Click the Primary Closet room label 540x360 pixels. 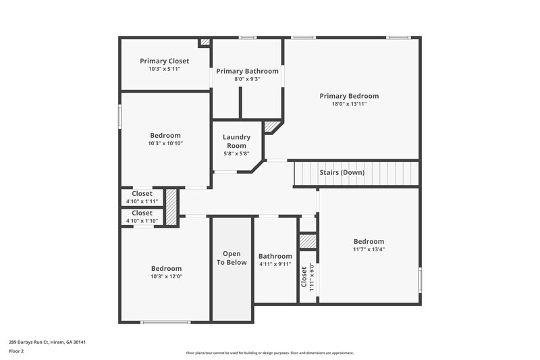pyautogui.click(x=164, y=61)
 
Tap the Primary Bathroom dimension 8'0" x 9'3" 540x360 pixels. pyautogui.click(x=246, y=79)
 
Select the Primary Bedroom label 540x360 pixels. pyautogui.click(x=349, y=96)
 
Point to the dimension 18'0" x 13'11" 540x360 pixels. pyautogui.click(x=349, y=104)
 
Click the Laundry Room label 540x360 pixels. pyautogui.click(x=236, y=141)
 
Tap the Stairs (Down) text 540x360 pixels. pyautogui.click(x=342, y=172)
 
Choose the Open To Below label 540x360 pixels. pyautogui.click(x=232, y=258)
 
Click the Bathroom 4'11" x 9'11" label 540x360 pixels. pyautogui.click(x=275, y=260)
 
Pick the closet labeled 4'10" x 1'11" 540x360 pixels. pyautogui.click(x=142, y=197)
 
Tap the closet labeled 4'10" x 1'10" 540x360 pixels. pyautogui.click(x=142, y=217)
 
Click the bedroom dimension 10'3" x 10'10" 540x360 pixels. pyautogui.click(x=165, y=143)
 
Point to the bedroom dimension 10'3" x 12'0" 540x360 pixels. pyautogui.click(x=166, y=276)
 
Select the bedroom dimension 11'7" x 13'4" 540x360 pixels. pyautogui.click(x=369, y=249)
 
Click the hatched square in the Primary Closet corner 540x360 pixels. pyautogui.click(x=205, y=43)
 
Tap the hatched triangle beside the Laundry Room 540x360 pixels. pyautogui.click(x=272, y=126)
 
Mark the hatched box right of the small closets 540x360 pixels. pyautogui.click(x=171, y=207)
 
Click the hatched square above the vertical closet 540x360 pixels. pyautogui.click(x=308, y=241)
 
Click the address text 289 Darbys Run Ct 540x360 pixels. pyautogui.click(x=47, y=342)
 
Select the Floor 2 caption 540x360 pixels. pyautogui.click(x=17, y=351)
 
